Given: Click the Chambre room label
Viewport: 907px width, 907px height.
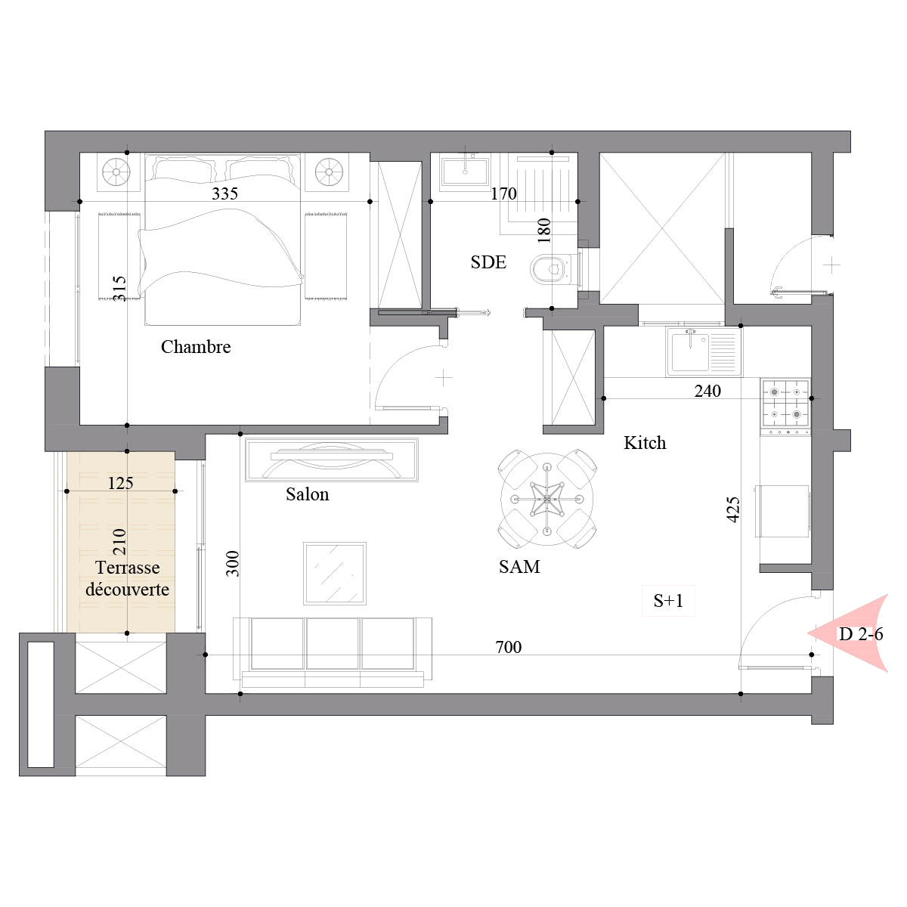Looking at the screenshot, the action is [x=196, y=347].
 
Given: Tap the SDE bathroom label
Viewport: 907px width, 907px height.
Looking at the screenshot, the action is [x=488, y=262].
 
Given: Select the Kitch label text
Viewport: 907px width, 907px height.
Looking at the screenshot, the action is [x=645, y=443].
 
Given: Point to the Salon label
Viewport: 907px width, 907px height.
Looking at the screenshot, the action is [x=308, y=494].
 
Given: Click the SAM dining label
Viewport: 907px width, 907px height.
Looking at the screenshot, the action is [x=519, y=567].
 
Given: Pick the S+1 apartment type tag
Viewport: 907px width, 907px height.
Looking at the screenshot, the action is [x=668, y=601].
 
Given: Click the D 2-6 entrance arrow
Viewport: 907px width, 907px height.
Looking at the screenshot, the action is [x=848, y=633].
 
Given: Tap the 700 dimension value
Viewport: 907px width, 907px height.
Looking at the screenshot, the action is [x=509, y=647].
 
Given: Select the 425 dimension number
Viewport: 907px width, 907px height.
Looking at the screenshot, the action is [x=733, y=509].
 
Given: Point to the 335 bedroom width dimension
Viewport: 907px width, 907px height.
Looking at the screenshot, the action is [x=224, y=193].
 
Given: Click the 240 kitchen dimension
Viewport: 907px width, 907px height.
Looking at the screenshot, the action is [x=707, y=391].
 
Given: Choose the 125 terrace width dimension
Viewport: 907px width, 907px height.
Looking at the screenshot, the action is [x=120, y=483].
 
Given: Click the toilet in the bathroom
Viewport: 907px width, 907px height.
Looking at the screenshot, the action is [x=552, y=269].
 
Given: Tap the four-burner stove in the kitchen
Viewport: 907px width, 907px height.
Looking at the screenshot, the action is [x=785, y=404].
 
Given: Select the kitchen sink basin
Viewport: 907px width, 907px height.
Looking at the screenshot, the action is [x=690, y=352].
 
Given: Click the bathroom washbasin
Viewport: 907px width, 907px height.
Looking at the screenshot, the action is [x=465, y=172].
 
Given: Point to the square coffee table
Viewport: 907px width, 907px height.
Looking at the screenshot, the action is [x=335, y=573].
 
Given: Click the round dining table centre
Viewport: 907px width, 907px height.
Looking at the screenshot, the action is [x=547, y=499].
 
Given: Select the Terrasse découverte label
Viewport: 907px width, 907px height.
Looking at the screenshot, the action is [x=127, y=578].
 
